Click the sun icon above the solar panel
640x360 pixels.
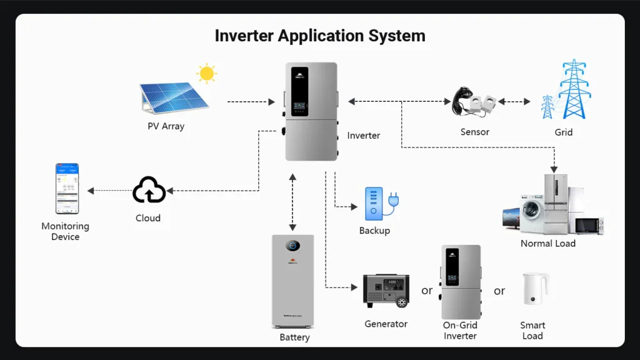pyautogui.click(x=206, y=74)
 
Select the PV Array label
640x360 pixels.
pyautogui.click(x=166, y=126)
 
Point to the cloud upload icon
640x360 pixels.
pyautogui.click(x=149, y=190)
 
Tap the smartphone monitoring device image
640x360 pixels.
pyautogui.click(x=67, y=188)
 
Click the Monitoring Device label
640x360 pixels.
pyautogui.click(x=65, y=231)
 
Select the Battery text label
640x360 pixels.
pyautogui.click(x=294, y=337)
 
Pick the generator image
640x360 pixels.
pyautogui.click(x=386, y=291)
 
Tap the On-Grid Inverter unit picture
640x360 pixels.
pyautogui.click(x=461, y=282)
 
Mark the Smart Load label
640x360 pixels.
pyautogui.click(x=532, y=331)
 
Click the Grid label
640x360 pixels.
pyautogui.click(x=563, y=132)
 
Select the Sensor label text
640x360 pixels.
pyautogui.click(x=474, y=132)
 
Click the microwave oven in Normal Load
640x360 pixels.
pyautogui.click(x=589, y=225)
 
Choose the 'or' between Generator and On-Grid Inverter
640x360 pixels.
pyautogui.click(x=427, y=291)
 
